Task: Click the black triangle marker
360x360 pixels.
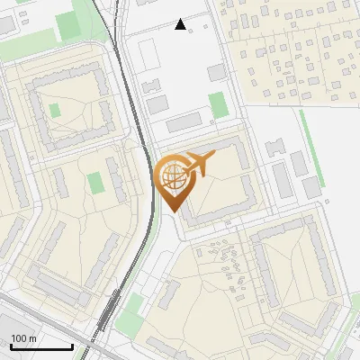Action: click(181, 24)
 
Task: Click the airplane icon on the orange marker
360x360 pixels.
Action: click(197, 165)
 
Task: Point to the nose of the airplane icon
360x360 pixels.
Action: click(213, 157)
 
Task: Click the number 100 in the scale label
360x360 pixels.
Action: click(19, 338)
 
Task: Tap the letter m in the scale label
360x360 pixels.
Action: click(32, 338)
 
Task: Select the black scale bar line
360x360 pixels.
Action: click(41, 346)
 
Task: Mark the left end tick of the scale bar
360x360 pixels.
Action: click(11, 345)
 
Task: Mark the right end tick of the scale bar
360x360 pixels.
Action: click(72, 345)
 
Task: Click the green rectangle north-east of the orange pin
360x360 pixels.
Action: click(218, 105)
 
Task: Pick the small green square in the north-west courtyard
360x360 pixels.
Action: click(54, 111)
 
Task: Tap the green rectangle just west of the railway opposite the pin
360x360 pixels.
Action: click(95, 183)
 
